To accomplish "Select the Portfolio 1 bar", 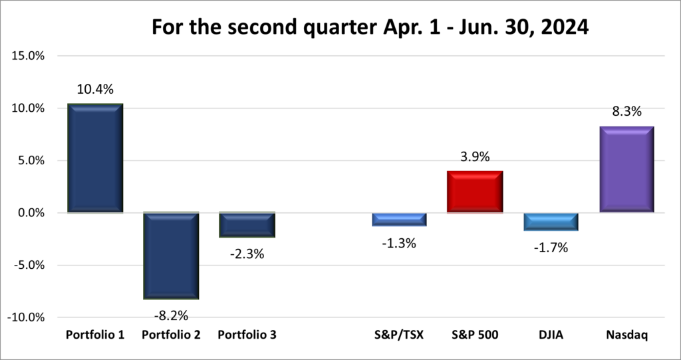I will click(x=95, y=158).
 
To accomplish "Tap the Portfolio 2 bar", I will click(x=171, y=256).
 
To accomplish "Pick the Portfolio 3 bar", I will click(x=247, y=225).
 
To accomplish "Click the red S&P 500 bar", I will click(x=475, y=192).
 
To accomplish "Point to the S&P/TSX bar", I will click(x=399, y=220).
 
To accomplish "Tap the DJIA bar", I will click(x=551, y=222).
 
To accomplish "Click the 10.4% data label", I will click(x=95, y=89).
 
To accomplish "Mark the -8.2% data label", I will click(x=170, y=315).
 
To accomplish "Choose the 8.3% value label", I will click(x=626, y=112).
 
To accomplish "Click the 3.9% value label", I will click(x=475, y=157).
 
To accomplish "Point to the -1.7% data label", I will click(x=551, y=248).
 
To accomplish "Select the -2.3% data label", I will click(x=247, y=254).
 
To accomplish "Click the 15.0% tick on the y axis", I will click(x=28, y=56).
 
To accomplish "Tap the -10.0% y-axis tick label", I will click(x=25, y=317).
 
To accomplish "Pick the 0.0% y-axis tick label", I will click(x=30, y=213).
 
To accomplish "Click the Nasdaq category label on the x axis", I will click(x=626, y=335).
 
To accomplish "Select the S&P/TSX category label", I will click(x=399, y=335).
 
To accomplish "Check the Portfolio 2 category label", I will click(x=171, y=335).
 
